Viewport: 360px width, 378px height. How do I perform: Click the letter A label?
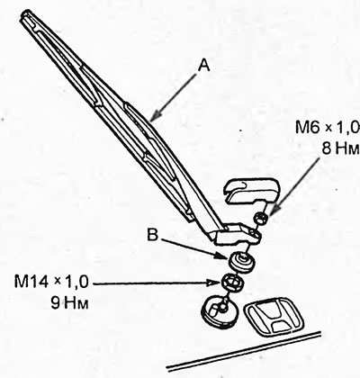pos(204,65)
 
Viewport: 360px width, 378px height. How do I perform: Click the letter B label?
pos(152,235)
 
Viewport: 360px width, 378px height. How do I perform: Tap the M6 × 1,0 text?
pos(328,128)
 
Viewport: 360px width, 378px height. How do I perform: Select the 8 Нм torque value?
pos(341,148)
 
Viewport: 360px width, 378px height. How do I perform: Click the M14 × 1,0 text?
pos(51,283)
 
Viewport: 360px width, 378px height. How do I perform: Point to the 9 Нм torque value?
pos(69,303)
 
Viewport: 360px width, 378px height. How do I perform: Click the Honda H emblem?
pos(274,316)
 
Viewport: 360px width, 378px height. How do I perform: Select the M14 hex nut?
pos(232,282)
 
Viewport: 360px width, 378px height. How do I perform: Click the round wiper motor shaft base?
pos(220,313)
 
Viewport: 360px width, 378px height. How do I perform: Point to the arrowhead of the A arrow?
pos(154,117)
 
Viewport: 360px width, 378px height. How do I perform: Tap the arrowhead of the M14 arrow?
pos(215,283)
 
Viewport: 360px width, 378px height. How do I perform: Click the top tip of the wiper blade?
pos(25,12)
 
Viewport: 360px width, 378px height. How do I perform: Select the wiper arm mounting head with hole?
pos(238,235)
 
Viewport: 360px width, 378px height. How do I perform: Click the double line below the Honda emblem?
pos(244,351)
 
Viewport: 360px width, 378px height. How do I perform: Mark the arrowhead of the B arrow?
pos(222,256)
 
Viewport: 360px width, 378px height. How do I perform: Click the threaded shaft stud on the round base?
pos(222,307)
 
